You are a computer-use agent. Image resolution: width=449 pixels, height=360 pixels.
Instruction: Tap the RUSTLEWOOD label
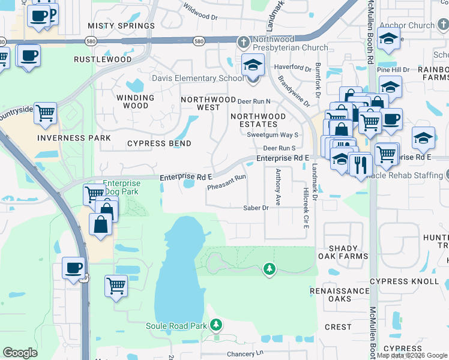click(103, 59)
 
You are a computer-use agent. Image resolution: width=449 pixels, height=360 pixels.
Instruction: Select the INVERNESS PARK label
click(74, 137)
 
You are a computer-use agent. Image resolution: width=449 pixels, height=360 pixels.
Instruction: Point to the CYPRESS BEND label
click(159, 143)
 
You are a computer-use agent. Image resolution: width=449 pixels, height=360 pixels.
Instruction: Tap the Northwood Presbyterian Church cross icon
click(243, 42)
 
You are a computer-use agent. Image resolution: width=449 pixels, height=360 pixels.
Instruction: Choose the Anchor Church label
click(412, 25)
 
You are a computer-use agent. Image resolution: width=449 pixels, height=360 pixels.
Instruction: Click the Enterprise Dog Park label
click(121, 187)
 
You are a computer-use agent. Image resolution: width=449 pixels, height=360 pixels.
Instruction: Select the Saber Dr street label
click(255, 208)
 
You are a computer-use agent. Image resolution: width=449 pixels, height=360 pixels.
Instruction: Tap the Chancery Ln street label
click(245, 353)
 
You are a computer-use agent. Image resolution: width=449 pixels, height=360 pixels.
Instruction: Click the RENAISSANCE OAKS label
click(348, 295)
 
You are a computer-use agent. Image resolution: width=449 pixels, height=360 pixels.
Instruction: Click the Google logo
click(20, 353)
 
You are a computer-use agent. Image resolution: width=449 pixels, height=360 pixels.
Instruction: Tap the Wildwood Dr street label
click(200, 10)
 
